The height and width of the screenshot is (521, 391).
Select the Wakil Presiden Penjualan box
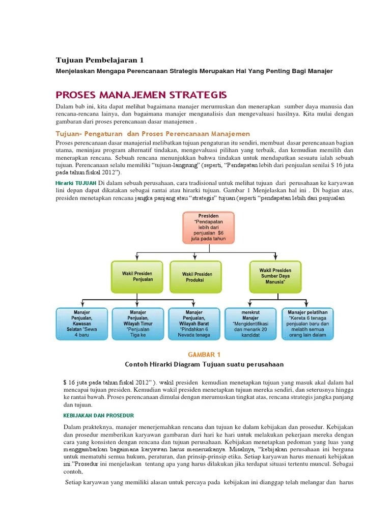(x=137, y=277)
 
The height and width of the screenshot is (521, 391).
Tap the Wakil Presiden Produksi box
(x=196, y=277)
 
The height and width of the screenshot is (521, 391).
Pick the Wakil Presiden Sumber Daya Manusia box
(x=275, y=277)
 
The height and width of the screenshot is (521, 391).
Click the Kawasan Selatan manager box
(x=80, y=324)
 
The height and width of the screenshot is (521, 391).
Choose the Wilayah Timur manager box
(x=138, y=324)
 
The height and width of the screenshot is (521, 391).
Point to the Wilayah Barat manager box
(x=194, y=324)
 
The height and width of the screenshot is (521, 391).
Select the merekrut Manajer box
(x=250, y=324)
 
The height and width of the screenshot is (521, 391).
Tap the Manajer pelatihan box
(x=308, y=324)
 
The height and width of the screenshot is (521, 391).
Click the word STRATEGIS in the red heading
(x=199, y=95)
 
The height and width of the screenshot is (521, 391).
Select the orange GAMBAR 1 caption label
(x=204, y=354)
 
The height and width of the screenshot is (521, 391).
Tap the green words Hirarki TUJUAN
(x=75, y=183)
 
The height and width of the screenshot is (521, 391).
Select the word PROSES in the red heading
(x=77, y=95)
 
